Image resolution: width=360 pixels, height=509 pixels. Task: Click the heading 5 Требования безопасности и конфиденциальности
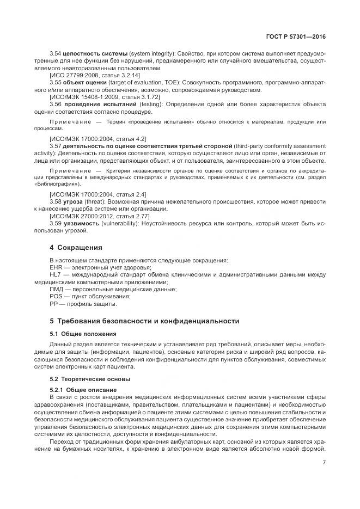tap(144, 321)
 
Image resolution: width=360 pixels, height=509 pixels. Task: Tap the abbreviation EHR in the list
tap(56, 267)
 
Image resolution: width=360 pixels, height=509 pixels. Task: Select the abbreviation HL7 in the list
tap(56, 275)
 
